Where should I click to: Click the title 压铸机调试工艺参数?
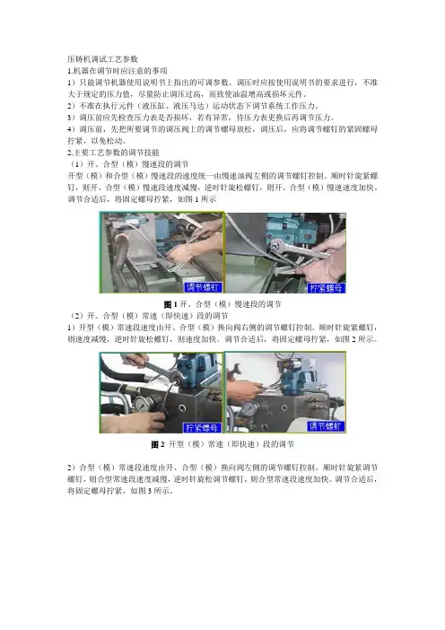(x=102, y=59)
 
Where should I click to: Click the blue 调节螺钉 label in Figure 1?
(x=203, y=287)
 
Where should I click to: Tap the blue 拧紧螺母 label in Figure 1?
(x=327, y=288)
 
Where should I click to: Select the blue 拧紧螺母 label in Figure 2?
(x=203, y=427)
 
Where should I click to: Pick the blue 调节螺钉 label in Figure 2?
(x=326, y=426)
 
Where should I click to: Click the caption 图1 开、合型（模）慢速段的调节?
(x=222, y=304)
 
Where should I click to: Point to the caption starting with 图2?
(x=222, y=444)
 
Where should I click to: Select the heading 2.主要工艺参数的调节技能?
(x=113, y=153)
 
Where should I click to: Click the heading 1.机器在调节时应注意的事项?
(x=118, y=71)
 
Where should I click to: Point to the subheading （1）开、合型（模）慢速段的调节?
(x=128, y=164)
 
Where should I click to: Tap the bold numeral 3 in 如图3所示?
(x=149, y=491)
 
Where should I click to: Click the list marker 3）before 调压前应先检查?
(x=72, y=118)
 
